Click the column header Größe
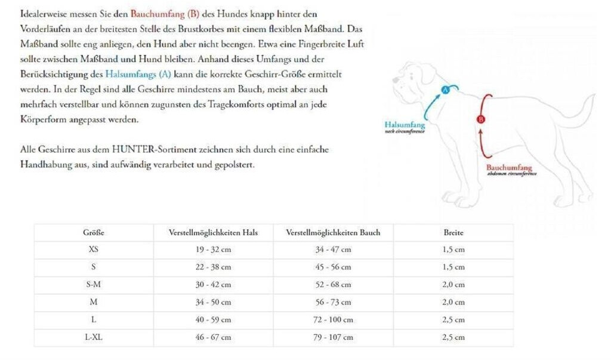[94, 233]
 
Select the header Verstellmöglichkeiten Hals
[213, 233]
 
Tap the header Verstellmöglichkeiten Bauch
[333, 233]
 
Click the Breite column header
[453, 233]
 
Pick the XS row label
[94, 250]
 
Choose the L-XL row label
[94, 337]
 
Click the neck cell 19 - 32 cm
[213, 250]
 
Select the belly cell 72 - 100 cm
[333, 320]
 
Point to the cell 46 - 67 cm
[213, 337]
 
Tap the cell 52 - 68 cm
[333, 285]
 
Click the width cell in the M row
[453, 302]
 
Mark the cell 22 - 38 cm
[213, 267]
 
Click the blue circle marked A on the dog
[445, 90]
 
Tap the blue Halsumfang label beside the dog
[405, 125]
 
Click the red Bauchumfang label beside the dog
[509, 168]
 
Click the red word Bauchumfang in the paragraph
[159, 13]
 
